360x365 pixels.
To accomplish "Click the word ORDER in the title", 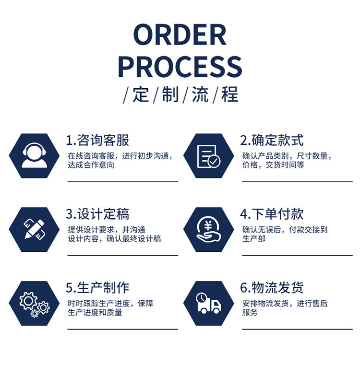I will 180,35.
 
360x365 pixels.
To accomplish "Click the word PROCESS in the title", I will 180,66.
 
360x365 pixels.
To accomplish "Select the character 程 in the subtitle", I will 229,94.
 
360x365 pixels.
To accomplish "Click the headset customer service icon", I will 34,156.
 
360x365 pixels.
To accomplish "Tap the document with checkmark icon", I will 208,156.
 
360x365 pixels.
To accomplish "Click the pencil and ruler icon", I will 34,229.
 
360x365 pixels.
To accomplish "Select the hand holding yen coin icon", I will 208,229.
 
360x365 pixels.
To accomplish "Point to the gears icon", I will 34,303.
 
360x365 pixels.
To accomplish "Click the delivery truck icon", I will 208,303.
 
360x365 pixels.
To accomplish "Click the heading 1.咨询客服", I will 97,141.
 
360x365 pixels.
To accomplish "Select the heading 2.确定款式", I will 272,141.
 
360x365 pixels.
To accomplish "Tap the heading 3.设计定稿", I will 97,214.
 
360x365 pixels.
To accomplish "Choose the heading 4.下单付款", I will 272,214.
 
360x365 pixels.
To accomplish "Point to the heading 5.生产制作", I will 97,288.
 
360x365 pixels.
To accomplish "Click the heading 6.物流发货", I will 272,288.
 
